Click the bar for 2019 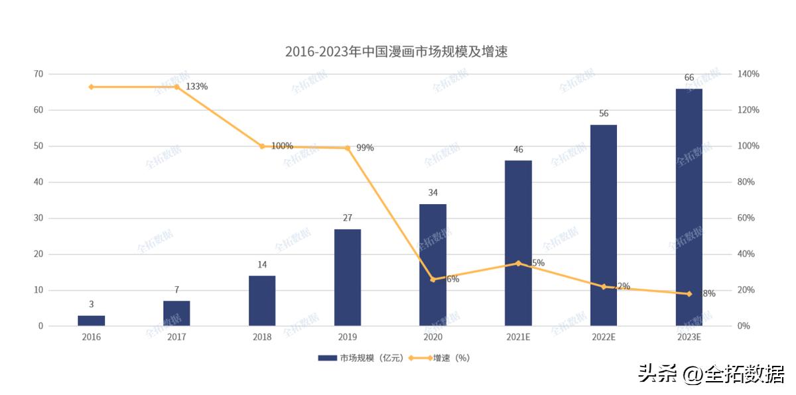pyautogui.click(x=348, y=278)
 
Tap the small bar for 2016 pyautogui.click(x=92, y=321)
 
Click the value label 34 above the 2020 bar pyautogui.click(x=432, y=193)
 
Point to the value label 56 pyautogui.click(x=604, y=113)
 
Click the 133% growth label pyautogui.click(x=197, y=87)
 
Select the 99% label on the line pyautogui.click(x=365, y=148)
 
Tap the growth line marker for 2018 pyautogui.click(x=262, y=146)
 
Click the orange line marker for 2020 pyautogui.click(x=433, y=280)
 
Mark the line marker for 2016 pyautogui.click(x=92, y=87)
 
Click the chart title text pyautogui.click(x=396, y=52)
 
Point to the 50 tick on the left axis pyautogui.click(x=38, y=146)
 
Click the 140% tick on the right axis pyautogui.click(x=748, y=74)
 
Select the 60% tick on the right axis pyautogui.click(x=746, y=218)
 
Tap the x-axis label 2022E pyautogui.click(x=604, y=337)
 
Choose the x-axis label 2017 pyautogui.click(x=176, y=337)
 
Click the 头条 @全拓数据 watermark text pyautogui.click(x=711, y=374)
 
